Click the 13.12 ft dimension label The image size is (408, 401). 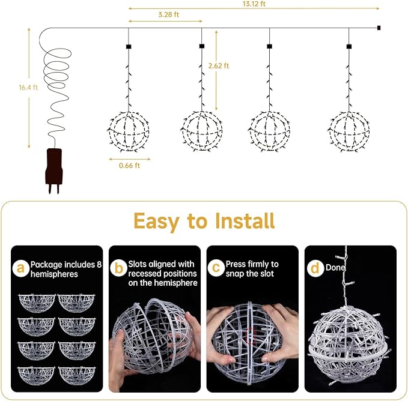(x=254, y=4)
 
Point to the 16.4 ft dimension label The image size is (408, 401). (x=28, y=88)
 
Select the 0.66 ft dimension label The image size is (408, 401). (x=129, y=166)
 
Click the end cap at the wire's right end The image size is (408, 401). (x=379, y=27)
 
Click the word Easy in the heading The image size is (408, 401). (x=158, y=220)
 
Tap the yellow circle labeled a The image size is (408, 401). (x=22, y=270)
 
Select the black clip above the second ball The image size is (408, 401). (x=201, y=46)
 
